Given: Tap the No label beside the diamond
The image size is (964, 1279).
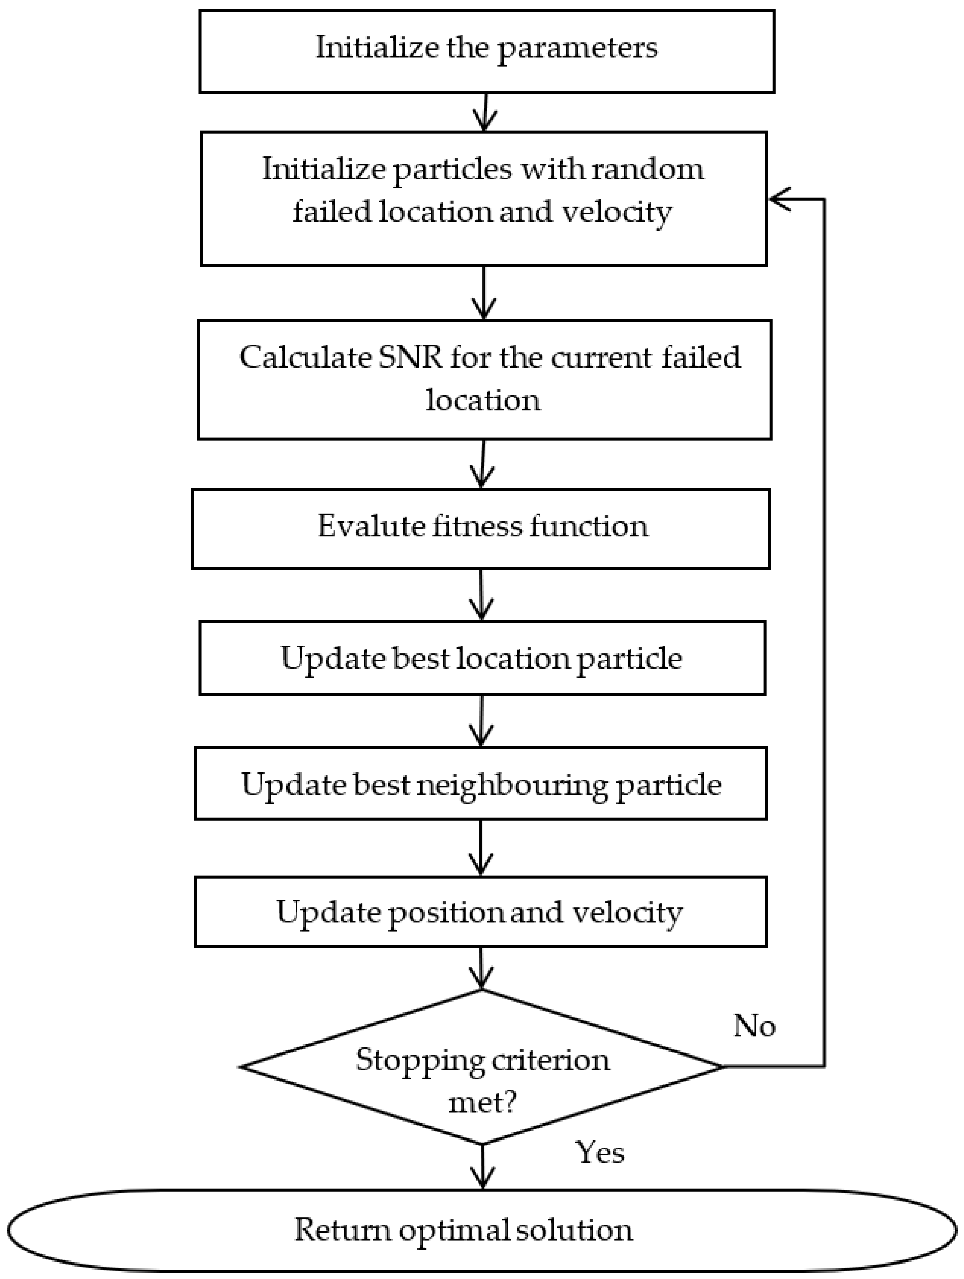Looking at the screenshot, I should tap(754, 1026).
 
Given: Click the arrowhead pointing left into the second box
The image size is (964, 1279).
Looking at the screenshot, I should tap(778, 199).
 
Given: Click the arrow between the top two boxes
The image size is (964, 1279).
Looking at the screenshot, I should tap(485, 112).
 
